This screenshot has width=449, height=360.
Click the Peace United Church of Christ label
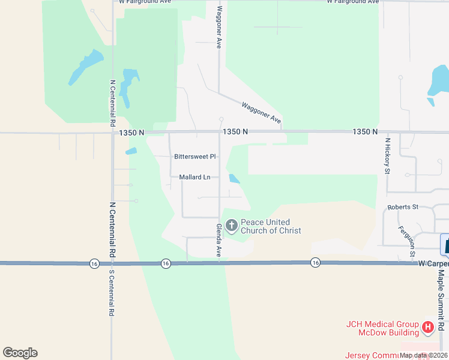(x=271, y=226)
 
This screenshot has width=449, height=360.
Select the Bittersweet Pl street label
(x=194, y=157)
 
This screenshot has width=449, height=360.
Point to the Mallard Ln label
(x=195, y=177)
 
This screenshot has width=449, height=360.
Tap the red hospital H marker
(x=428, y=327)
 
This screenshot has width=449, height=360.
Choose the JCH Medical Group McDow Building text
(x=382, y=329)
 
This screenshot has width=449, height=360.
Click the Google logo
(x=20, y=353)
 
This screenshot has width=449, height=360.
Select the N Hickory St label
(x=387, y=155)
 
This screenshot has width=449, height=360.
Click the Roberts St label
(x=403, y=207)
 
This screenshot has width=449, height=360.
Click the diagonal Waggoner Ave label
(x=262, y=113)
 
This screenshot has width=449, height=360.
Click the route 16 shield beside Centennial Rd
(x=94, y=263)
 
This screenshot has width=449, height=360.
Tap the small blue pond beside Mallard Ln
(x=234, y=178)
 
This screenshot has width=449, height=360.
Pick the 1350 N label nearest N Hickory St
(x=366, y=131)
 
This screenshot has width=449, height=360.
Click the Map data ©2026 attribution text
(x=423, y=355)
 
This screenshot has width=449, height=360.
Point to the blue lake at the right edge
(x=438, y=82)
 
